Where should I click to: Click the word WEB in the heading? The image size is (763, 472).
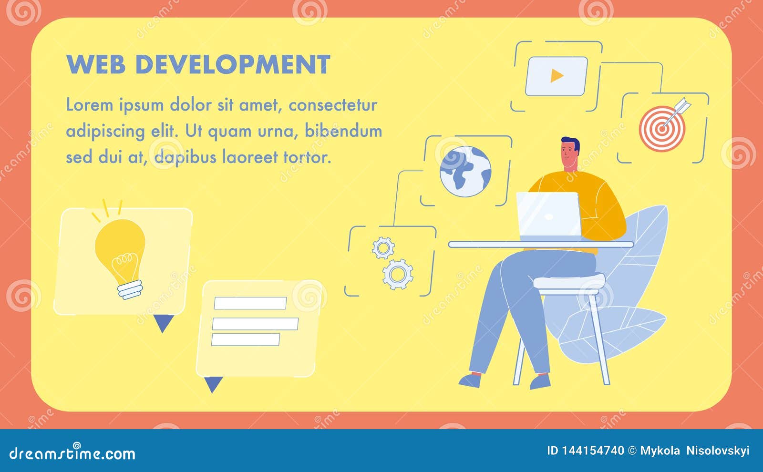(95, 64)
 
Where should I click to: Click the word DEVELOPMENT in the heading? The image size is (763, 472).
(233, 64)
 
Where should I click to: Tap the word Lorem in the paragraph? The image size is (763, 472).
(89, 105)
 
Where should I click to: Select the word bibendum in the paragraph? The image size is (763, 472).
(343, 131)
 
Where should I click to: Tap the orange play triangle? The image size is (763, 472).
(557, 76)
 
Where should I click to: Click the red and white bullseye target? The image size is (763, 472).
(662, 127)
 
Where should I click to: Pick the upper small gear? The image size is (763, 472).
(383, 248)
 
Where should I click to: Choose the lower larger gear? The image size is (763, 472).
(398, 274)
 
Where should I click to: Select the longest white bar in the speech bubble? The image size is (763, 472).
(255, 324)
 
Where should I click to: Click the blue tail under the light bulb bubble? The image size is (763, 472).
(163, 323)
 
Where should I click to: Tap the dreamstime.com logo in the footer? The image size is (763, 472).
(72, 453)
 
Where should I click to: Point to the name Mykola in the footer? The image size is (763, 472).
(660, 451)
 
